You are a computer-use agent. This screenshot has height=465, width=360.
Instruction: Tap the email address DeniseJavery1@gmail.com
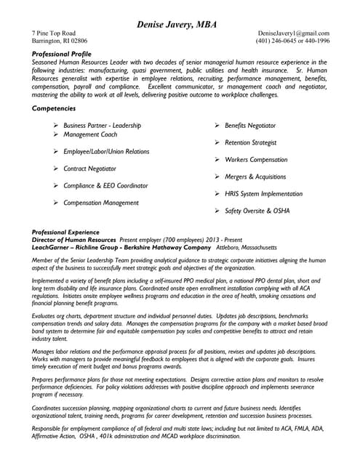293,33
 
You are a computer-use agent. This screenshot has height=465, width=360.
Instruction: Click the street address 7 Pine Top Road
54,33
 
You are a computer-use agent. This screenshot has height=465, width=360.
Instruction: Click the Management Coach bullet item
90,134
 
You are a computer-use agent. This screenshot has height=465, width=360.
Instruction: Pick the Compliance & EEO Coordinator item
105,186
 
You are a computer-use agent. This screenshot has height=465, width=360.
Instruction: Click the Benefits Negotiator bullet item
250,126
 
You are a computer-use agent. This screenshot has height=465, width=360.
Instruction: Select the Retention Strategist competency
251,142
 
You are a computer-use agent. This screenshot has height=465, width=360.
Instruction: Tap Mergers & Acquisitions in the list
255,177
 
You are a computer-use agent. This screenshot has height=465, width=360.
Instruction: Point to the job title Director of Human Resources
74,239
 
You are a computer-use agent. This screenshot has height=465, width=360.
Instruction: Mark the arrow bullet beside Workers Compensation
217,160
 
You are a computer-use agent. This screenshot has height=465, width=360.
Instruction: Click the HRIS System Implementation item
264,194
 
